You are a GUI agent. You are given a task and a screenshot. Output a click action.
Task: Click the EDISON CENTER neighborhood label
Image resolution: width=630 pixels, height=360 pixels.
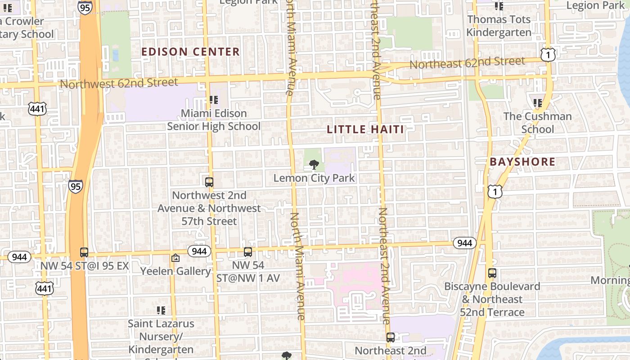[190, 52]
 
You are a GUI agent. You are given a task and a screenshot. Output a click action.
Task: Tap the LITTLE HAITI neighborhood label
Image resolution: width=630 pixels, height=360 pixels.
[365, 130]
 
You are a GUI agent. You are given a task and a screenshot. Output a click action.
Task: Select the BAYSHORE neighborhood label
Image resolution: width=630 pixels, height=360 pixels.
[522, 162]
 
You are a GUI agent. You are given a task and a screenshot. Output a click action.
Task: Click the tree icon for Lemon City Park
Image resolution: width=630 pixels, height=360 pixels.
[314, 165]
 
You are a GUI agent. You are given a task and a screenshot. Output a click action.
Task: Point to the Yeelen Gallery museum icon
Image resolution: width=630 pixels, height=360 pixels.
[175, 258]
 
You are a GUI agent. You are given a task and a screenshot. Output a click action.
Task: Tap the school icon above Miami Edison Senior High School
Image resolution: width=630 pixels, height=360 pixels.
[214, 99]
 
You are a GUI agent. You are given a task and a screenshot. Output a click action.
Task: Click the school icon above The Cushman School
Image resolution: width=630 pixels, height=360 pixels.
[537, 103]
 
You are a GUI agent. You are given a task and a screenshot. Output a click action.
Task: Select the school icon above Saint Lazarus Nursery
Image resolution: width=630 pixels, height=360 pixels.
[161, 310]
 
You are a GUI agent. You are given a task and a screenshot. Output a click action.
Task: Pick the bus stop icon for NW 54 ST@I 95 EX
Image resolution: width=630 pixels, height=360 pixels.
[84, 252]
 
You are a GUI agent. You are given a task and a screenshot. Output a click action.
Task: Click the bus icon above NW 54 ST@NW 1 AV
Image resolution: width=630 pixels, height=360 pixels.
[248, 252]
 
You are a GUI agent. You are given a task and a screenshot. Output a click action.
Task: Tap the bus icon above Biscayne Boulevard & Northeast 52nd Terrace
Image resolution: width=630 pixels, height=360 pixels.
[492, 273]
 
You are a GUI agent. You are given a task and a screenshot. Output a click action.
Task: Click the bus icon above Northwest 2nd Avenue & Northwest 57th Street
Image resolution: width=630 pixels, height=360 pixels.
[209, 182]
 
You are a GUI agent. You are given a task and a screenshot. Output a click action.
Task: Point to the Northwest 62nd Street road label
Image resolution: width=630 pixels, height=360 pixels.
[119, 83]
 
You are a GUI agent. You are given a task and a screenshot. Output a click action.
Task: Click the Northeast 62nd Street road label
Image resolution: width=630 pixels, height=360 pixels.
[467, 63]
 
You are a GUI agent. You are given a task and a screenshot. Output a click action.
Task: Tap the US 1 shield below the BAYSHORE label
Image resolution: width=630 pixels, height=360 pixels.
[495, 192]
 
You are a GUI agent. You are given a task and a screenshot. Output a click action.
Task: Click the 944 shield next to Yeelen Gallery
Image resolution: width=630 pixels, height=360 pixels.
[199, 251]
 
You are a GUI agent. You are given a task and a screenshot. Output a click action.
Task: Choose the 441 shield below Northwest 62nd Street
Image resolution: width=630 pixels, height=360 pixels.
[36, 108]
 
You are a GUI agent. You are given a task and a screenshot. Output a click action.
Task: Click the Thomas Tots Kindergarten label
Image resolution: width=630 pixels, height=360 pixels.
[499, 26]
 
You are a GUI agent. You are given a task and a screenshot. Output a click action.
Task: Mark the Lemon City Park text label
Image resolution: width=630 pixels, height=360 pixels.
[314, 178]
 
